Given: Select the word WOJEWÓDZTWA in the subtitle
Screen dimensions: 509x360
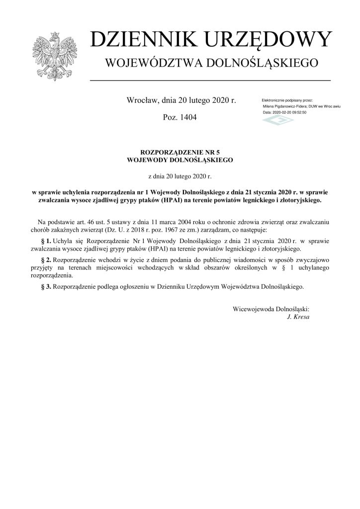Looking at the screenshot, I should click(152, 63).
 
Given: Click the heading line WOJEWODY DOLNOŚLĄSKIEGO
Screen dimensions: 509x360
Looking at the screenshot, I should click(180, 160).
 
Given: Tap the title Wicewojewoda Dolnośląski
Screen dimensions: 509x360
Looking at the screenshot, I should click(271, 309).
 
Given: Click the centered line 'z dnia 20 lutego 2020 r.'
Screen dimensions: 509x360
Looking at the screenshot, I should click(180, 175).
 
